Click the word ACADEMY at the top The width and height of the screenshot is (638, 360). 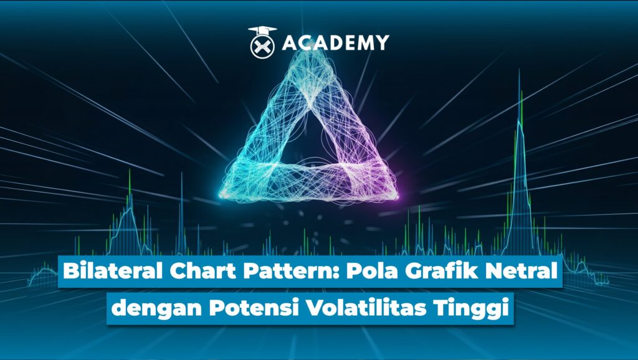[336, 43]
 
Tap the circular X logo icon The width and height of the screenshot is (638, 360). [262, 46]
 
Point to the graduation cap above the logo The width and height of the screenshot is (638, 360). [262, 31]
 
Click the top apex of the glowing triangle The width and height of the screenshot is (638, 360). [312, 53]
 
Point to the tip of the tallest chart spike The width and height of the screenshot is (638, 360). [519, 70]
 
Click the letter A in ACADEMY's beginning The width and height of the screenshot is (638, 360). [290, 43]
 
